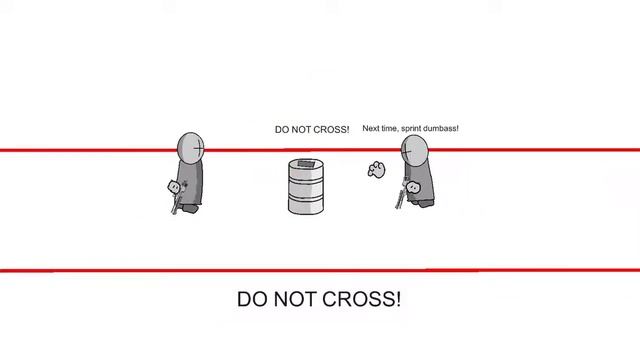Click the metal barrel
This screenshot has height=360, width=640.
(306, 186)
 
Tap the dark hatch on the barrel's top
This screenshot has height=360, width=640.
(305, 164)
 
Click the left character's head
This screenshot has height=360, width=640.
(191, 148)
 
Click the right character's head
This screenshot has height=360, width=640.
(415, 151)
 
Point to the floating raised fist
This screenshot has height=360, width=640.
(376, 169)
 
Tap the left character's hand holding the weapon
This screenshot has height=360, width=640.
(174, 187)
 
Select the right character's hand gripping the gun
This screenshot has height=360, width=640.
(413, 187)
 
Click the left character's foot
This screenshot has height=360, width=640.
(190, 209)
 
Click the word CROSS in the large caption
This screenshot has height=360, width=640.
(362, 299)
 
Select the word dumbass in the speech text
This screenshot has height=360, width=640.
(441, 128)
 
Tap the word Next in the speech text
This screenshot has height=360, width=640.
(371, 128)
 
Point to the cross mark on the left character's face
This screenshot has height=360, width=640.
(198, 148)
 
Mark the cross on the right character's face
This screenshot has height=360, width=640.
(407, 152)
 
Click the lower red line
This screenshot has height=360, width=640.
(320, 270)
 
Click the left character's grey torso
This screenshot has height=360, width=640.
(191, 183)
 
